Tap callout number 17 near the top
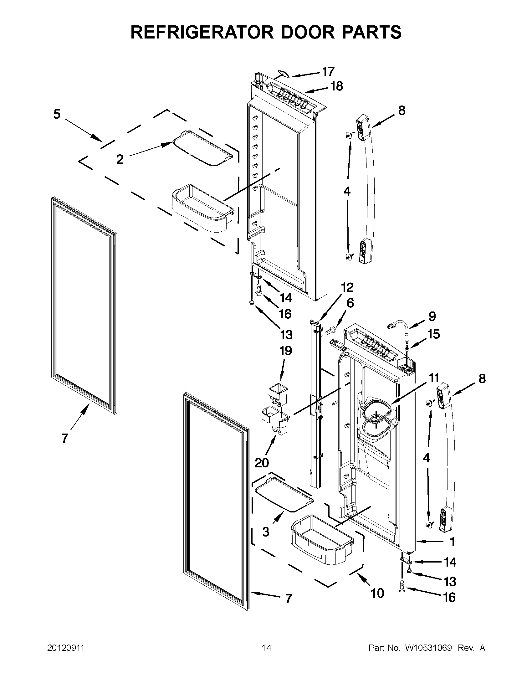coord(328,72)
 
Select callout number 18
coord(336,86)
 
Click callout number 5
coord(56,114)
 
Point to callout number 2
coord(120,160)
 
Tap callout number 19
coord(285,351)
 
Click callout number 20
coord(262,463)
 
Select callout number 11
coord(434,377)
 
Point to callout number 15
coord(433,334)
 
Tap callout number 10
coord(377,593)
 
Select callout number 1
coord(453,542)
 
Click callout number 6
coord(350,303)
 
